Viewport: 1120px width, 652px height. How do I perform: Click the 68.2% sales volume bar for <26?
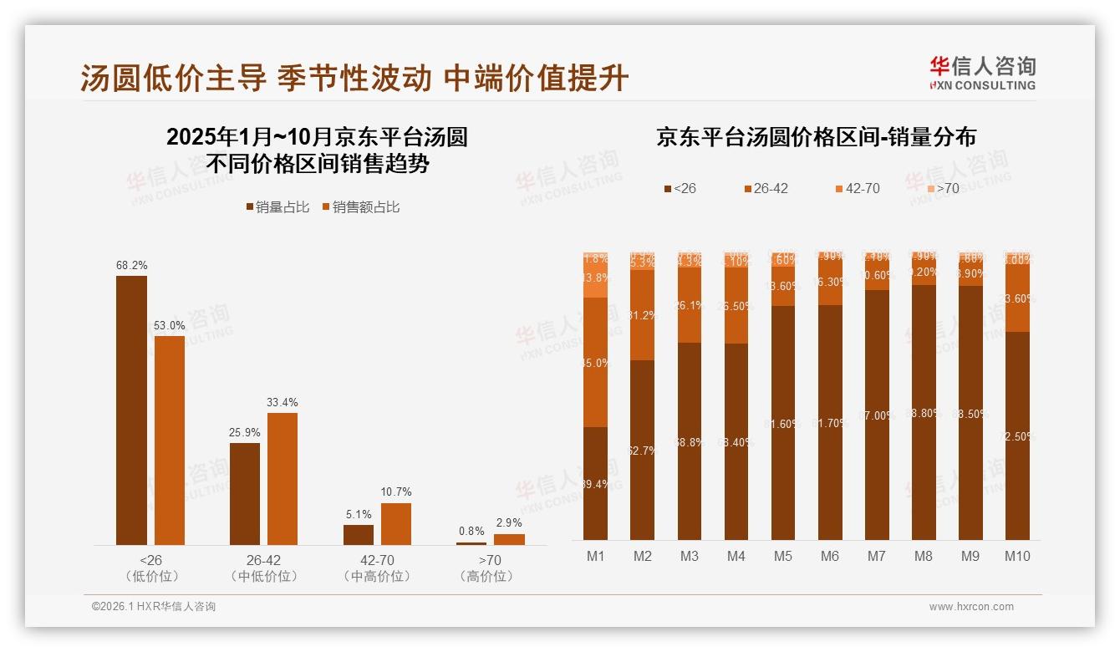(131, 410)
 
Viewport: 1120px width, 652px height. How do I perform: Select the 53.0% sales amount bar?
(170, 440)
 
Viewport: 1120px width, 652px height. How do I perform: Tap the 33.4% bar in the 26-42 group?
(283, 478)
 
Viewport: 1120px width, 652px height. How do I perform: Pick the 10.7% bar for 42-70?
(396, 523)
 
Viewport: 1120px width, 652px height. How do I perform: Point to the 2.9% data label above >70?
(509, 522)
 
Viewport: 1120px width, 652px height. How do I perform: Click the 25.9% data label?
(245, 432)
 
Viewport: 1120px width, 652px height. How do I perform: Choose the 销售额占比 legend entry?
(360, 206)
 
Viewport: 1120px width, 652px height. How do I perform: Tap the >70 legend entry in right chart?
(942, 188)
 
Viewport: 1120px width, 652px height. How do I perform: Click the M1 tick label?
(595, 556)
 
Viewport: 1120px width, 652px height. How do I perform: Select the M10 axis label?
(1017, 556)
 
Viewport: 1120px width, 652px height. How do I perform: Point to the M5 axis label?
(782, 556)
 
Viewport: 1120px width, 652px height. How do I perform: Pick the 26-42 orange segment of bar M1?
(595, 362)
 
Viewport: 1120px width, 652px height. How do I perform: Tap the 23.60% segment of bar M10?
(1017, 298)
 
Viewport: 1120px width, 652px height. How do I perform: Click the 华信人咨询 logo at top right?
(982, 73)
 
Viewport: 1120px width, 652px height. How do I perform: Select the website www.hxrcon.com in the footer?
(971, 607)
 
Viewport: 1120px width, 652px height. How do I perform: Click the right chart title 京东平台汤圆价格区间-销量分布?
(816, 137)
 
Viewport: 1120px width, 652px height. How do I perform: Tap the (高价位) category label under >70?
(486, 577)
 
